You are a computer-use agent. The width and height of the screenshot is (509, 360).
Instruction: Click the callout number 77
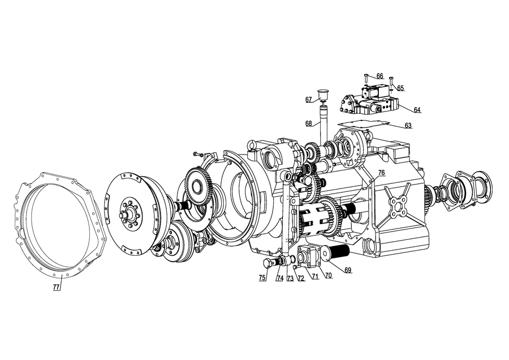pyautogui.click(x=56, y=287)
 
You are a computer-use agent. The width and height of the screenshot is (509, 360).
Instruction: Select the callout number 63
pyautogui.click(x=408, y=126)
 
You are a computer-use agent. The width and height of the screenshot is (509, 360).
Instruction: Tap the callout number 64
pyautogui.click(x=417, y=110)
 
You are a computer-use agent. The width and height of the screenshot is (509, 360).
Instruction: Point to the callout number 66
pyautogui.click(x=380, y=76)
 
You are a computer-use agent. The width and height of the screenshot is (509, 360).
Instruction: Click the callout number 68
pyautogui.click(x=309, y=123)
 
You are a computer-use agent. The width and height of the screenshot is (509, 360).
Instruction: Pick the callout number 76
pyautogui.click(x=381, y=173)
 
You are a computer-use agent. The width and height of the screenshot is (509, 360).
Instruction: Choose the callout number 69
pyautogui.click(x=348, y=270)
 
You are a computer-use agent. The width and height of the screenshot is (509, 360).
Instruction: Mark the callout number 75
pyautogui.click(x=262, y=278)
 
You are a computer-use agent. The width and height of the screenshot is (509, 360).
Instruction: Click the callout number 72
pyautogui.click(x=301, y=278)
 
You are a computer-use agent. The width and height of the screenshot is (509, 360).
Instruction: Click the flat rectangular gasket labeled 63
pyautogui.click(x=364, y=123)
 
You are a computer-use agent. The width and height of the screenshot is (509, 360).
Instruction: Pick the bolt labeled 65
pyautogui.click(x=391, y=81)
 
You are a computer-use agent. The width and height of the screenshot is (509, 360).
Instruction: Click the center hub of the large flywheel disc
pyautogui.click(x=130, y=213)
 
